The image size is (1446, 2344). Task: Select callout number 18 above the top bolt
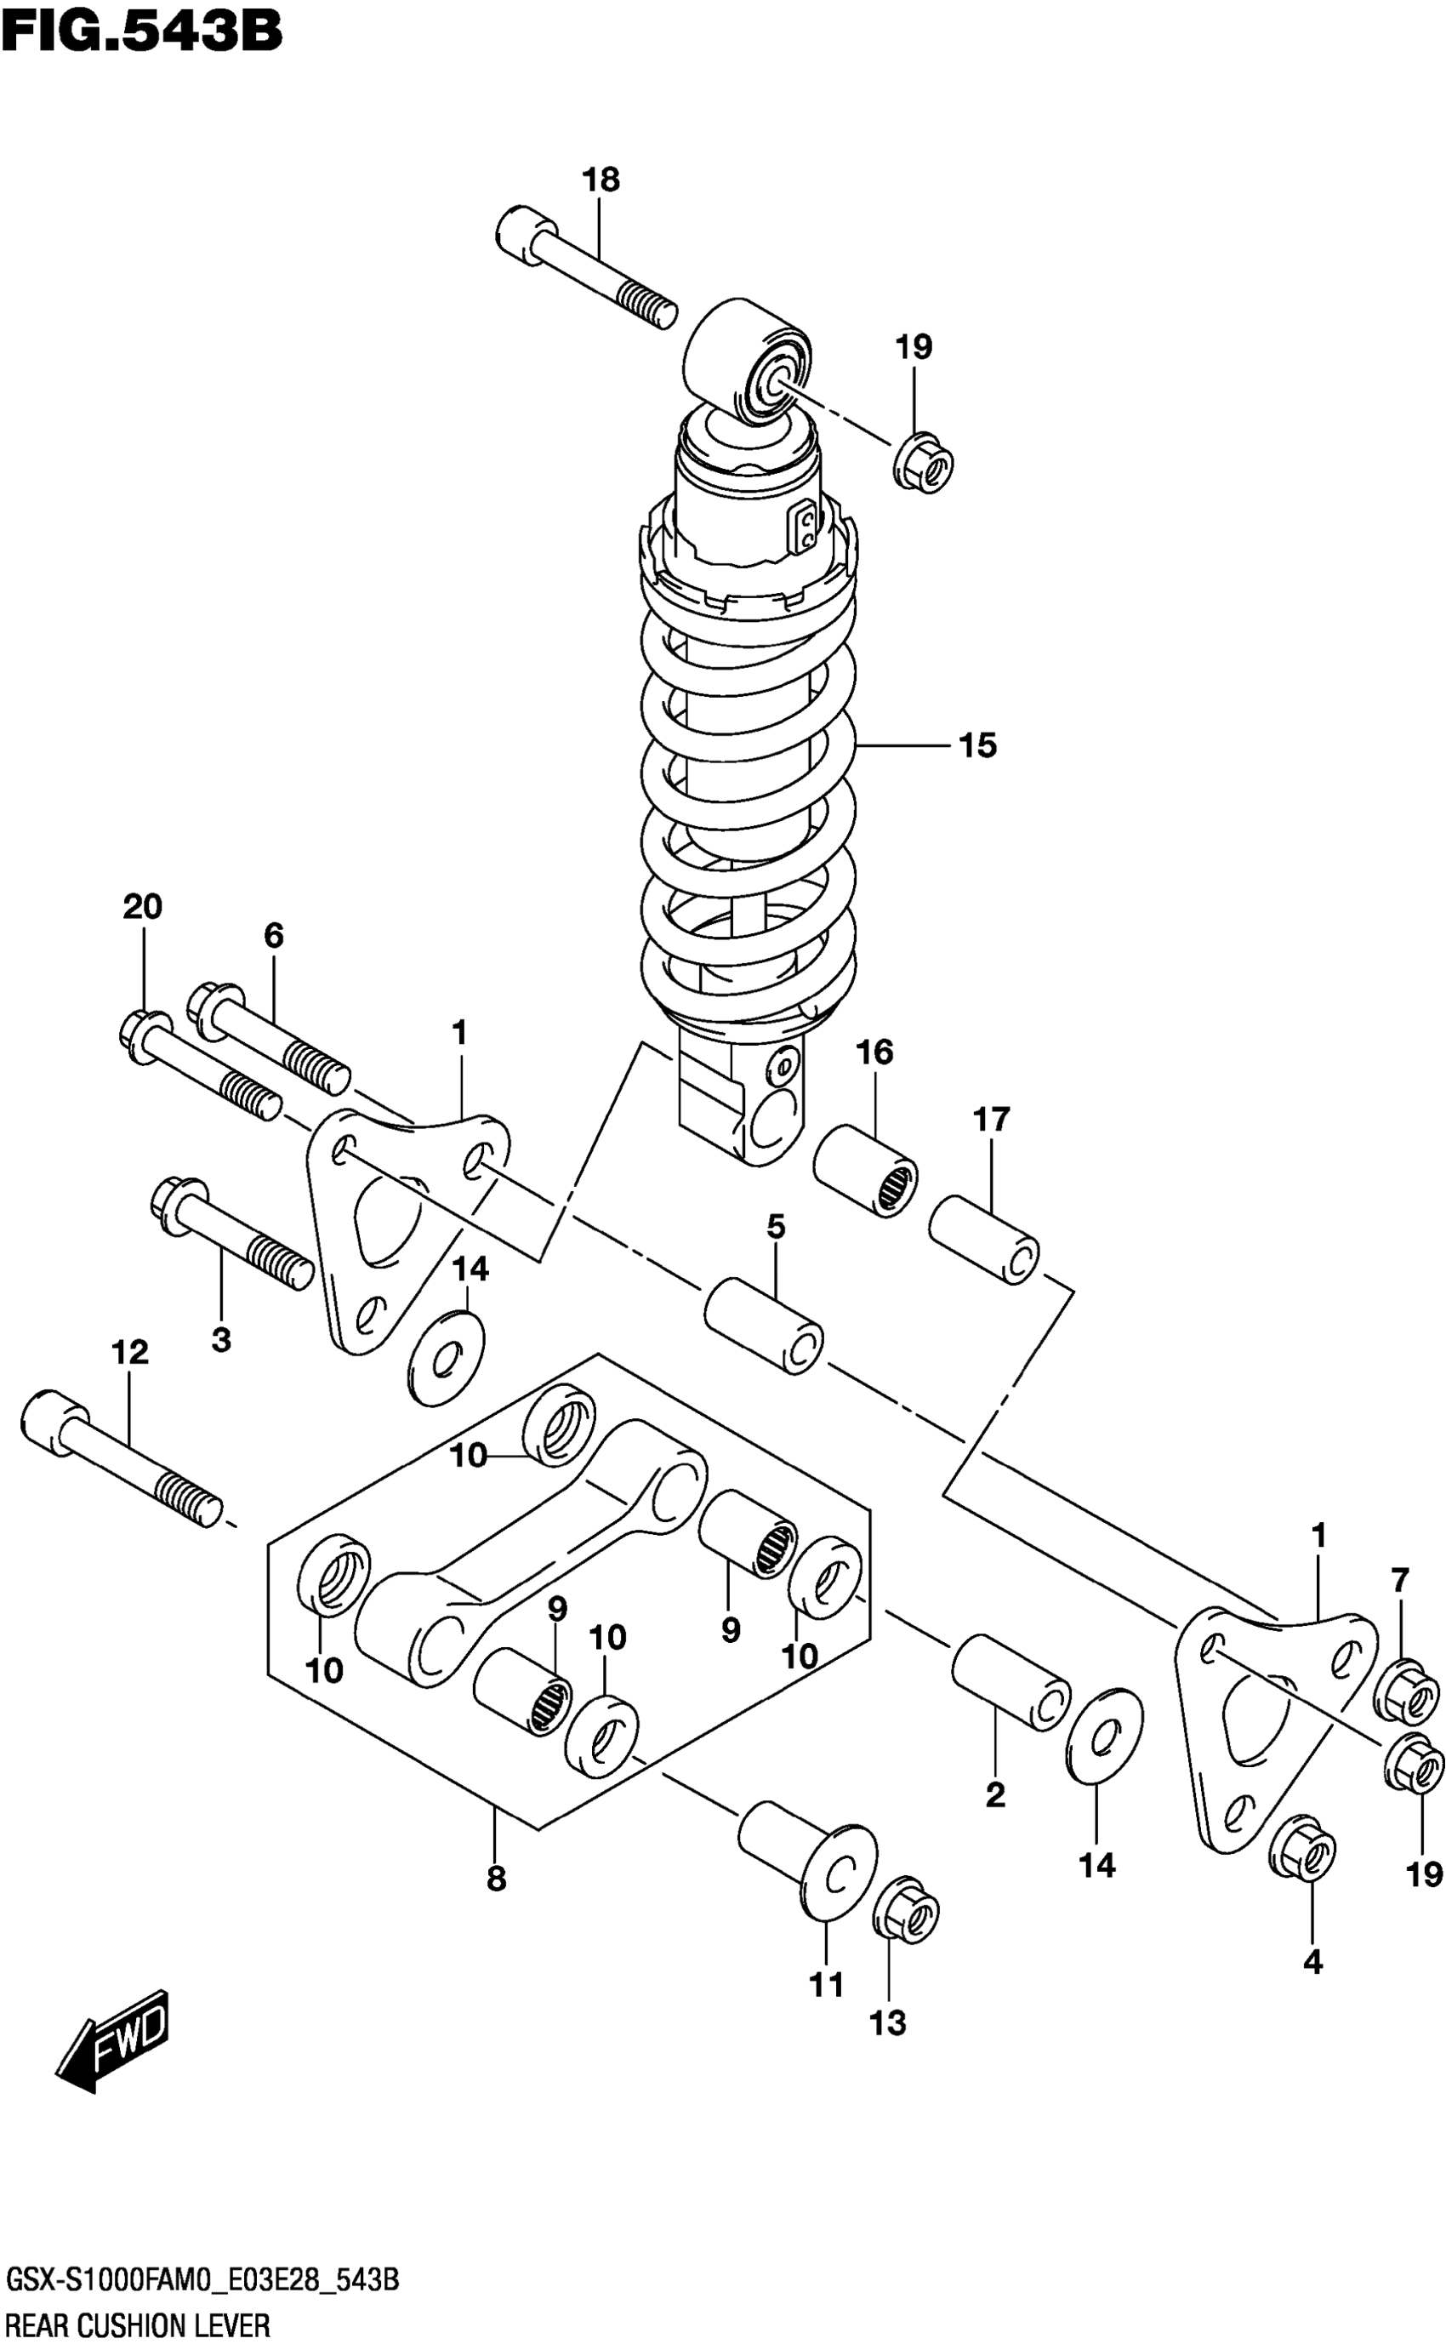pos(601,180)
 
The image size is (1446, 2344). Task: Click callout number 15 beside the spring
pos(977,745)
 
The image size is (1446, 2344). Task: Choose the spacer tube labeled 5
pos(764,1324)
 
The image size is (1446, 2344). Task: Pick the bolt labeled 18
pos(585,265)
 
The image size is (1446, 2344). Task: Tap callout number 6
pos(274,935)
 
